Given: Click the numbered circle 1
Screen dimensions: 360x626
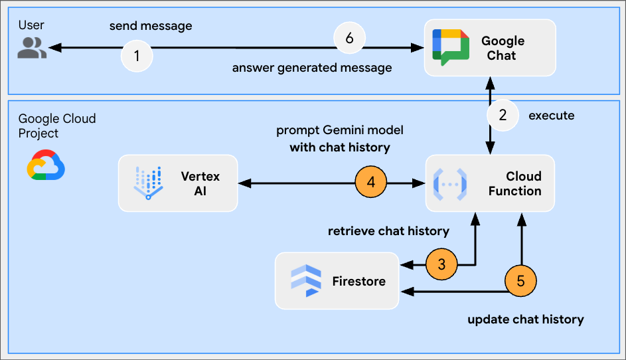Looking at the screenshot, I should (137, 56).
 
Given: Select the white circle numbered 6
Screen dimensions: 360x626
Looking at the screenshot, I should (350, 38).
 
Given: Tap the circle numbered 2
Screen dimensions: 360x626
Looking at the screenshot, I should (503, 116).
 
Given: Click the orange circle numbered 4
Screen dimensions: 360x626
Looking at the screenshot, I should (372, 182).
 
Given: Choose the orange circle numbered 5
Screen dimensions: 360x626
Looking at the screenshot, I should (520, 281).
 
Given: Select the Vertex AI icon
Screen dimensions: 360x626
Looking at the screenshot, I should (148, 183).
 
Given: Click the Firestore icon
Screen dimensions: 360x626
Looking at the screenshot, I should (306, 280).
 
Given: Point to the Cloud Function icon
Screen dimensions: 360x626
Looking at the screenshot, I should (450, 183).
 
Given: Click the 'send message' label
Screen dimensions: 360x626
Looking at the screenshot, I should (151, 27).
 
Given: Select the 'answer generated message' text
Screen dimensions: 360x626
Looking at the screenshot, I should (311, 68).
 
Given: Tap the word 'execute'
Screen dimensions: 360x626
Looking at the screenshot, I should (551, 116).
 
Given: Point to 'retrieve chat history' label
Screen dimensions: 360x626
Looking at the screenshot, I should (388, 231).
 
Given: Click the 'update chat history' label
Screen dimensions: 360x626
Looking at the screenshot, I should (526, 319).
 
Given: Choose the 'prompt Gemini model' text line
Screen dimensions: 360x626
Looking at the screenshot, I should (340, 130).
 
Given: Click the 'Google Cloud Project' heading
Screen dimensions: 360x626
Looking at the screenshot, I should (57, 126).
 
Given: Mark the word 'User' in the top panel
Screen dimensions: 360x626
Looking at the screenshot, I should (31, 25).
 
